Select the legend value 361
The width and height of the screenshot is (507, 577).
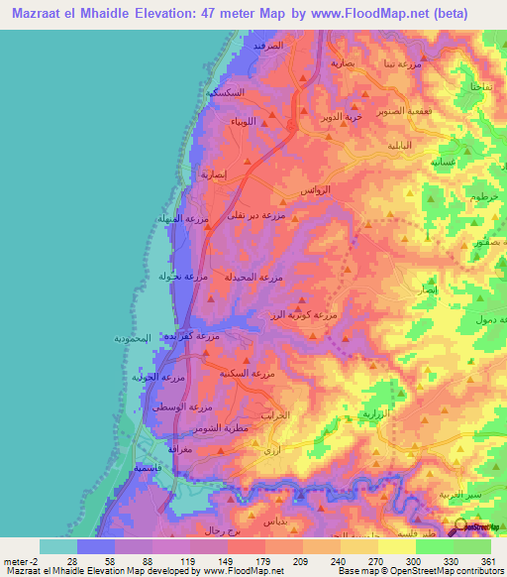[x=474, y=560]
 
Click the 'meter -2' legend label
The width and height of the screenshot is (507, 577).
[x=23, y=560]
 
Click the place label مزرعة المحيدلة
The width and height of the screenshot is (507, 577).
[x=255, y=277]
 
